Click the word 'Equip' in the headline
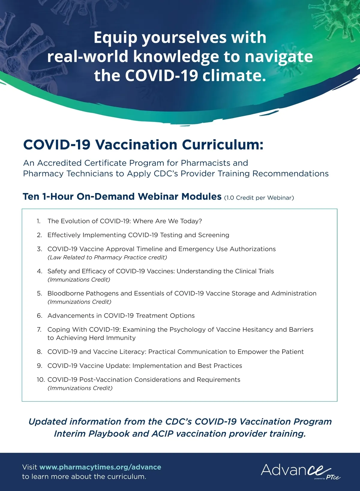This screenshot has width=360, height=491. click(x=116, y=38)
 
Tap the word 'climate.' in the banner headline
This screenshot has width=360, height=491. click(x=234, y=76)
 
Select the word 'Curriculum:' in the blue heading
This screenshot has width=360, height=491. click(x=223, y=144)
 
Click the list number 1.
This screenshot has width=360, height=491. click(x=39, y=221)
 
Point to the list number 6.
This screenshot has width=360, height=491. click(x=40, y=316)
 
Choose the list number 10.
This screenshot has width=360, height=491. click(x=41, y=380)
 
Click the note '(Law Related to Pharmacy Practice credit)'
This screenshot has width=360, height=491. click(x=107, y=257)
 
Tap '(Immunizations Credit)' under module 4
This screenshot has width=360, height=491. click(x=79, y=280)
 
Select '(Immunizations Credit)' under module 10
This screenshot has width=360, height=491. click(x=80, y=388)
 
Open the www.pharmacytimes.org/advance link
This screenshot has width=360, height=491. click(x=100, y=467)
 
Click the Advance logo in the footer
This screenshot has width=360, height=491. click(x=295, y=470)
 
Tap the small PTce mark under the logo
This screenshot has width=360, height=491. click(x=333, y=477)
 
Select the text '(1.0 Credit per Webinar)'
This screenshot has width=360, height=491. click(x=259, y=198)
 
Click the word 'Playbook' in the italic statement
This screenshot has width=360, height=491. click(x=109, y=434)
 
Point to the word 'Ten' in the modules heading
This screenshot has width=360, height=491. click(x=31, y=197)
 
